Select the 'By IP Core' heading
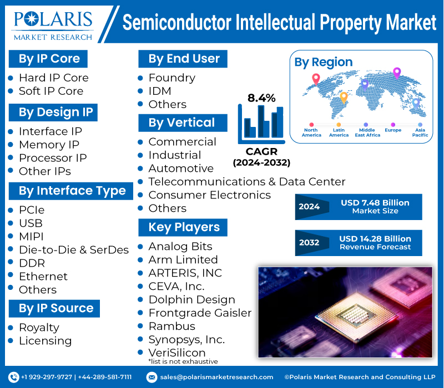coord(49,59)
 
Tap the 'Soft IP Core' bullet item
coord(51,91)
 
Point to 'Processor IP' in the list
coord(52,158)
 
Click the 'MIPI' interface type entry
coord(31,237)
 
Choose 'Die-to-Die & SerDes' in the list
coord(73,250)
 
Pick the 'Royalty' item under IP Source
coord(39,328)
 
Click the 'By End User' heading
coord(184,59)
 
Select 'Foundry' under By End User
coord(171,78)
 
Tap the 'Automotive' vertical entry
coord(180,169)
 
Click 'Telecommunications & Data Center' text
coord(246,182)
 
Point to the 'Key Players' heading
coord(184,227)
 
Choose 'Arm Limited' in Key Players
coord(183,259)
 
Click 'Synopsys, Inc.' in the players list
coord(186,340)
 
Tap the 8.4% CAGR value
coord(261,98)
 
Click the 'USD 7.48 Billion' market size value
coord(375,203)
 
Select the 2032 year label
coord(309,243)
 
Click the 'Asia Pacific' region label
coord(420,132)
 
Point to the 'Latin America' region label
coord(339,132)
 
